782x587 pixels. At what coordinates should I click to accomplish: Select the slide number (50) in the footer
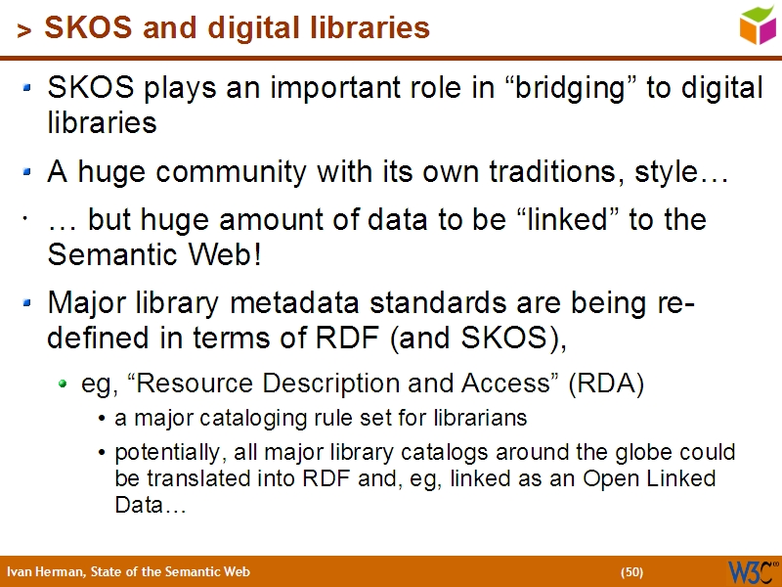(x=631, y=571)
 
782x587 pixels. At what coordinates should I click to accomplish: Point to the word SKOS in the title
(x=79, y=27)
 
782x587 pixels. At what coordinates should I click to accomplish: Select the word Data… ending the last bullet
(x=150, y=506)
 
